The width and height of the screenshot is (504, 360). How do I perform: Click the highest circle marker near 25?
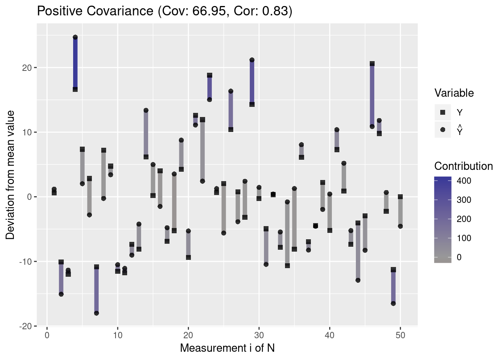coord(75,37)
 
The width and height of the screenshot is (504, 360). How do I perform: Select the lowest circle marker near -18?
coord(96,313)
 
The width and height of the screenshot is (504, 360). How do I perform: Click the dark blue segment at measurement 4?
coord(75,63)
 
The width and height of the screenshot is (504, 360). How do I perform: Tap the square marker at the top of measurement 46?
coord(372,64)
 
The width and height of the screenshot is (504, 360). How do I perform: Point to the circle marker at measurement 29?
coord(252,60)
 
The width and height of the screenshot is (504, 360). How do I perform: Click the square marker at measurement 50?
coord(400,197)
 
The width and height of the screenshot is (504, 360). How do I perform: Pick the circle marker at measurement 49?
coord(393,303)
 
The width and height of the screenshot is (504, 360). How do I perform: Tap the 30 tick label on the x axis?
coord(259,335)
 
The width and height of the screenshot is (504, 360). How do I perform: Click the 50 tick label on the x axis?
coord(400,335)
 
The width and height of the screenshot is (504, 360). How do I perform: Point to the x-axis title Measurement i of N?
coord(227,348)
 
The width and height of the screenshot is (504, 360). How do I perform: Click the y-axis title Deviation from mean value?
coord(10,175)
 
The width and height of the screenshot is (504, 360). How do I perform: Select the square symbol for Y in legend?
coord(442,112)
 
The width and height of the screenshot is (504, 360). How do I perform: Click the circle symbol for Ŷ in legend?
coord(442,130)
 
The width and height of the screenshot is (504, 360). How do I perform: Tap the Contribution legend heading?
coord(463,166)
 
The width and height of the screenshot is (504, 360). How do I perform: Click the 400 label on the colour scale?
coord(464,181)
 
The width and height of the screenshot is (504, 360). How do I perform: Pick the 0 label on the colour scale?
coord(459,257)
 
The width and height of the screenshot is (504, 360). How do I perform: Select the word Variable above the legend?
coord(454,93)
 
